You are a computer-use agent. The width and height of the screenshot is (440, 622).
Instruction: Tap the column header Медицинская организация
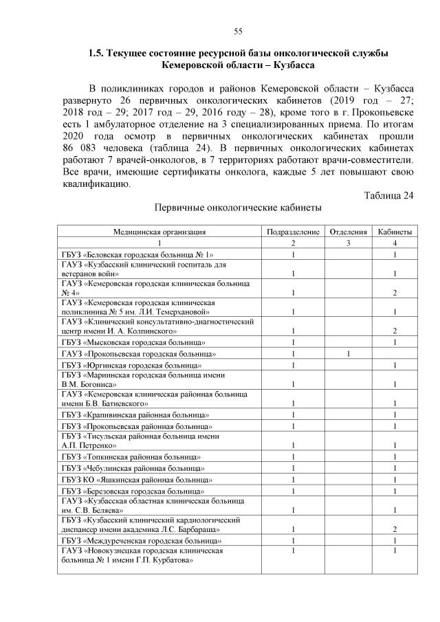pos(159,232)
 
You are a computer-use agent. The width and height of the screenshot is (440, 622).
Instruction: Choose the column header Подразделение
pos(293,232)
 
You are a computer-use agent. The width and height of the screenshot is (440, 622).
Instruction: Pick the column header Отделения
pos(349,232)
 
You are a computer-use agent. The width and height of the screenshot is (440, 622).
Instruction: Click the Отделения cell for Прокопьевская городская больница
pos(349,354)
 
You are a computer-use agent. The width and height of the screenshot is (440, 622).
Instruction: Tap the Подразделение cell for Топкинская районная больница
pos(293,456)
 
